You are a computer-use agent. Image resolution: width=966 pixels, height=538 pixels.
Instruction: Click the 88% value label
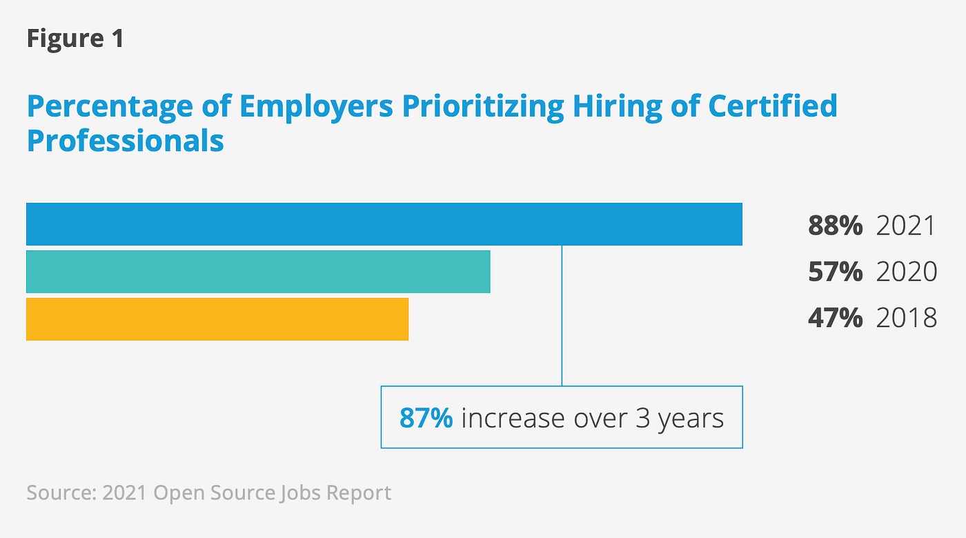835,226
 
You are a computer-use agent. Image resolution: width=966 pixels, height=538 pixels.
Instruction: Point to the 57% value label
835,272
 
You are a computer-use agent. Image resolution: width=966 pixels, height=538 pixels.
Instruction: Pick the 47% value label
835,317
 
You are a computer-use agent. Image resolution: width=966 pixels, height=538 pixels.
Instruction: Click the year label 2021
906,226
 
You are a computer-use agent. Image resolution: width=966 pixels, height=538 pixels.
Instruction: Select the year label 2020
906,272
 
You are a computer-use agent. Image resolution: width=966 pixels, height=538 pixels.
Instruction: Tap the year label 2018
906,317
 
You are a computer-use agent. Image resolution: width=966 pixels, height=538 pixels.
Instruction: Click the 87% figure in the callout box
426,418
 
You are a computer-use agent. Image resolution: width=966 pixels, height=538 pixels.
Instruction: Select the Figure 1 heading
75,38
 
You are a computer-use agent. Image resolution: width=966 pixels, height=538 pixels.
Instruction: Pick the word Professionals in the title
125,140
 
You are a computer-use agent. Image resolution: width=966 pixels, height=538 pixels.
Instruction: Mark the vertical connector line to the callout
562,317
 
